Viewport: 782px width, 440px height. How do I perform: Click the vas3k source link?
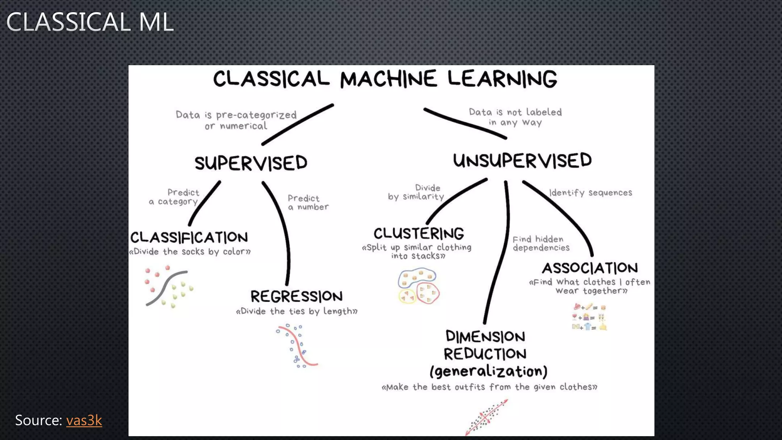tap(84, 421)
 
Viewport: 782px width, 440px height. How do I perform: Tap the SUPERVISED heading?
tap(251, 163)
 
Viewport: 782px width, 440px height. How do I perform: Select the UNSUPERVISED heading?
tap(522, 160)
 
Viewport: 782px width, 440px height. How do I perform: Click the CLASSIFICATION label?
tap(189, 238)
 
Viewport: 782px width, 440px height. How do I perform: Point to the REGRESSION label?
tap(296, 296)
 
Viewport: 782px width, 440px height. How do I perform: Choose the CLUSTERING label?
tap(418, 233)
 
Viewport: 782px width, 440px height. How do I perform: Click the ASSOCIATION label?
tap(590, 268)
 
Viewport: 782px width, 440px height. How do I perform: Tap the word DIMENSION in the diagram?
tap(485, 336)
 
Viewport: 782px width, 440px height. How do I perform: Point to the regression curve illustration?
tap(297, 346)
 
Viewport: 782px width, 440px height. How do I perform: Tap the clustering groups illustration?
tap(418, 286)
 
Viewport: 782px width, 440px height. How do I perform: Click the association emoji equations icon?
tap(589, 317)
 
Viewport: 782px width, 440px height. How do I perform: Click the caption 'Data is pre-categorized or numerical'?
tap(236, 120)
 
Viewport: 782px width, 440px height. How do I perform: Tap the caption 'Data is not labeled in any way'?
tap(515, 117)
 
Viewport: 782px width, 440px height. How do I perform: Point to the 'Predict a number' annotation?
tap(308, 202)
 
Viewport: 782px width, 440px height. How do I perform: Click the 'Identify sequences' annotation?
tap(590, 192)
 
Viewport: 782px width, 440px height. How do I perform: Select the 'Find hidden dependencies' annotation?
tap(541, 243)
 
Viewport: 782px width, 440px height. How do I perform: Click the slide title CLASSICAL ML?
tap(90, 22)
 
